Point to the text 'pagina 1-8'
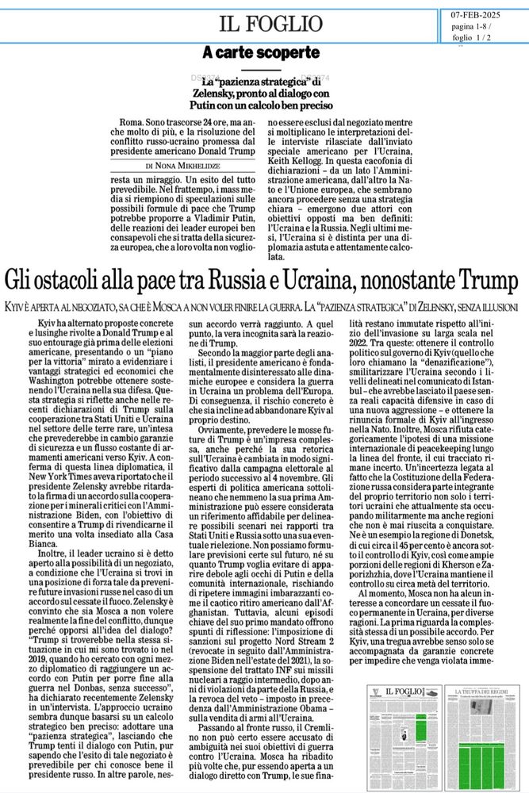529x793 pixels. (471, 27)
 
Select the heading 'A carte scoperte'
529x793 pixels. (260, 53)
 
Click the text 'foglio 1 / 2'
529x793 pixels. (471, 38)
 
